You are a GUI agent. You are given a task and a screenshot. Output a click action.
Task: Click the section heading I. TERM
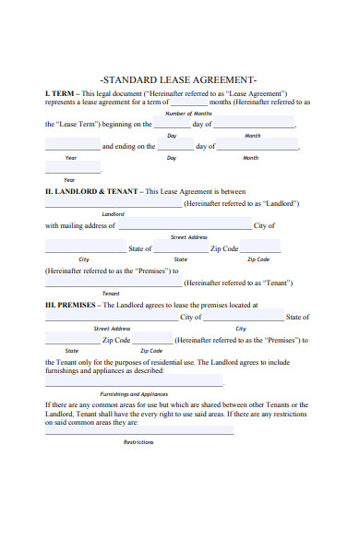[61, 93]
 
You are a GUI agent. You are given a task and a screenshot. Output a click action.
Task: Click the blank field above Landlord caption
[114, 204]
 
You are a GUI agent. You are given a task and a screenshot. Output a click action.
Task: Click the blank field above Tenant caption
[114, 283]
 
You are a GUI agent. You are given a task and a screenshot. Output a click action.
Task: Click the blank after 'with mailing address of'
[185, 226]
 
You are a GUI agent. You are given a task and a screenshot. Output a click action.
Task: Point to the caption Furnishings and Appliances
[134, 394]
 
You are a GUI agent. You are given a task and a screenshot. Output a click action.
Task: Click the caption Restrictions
[138, 442]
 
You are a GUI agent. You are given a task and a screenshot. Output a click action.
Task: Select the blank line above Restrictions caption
[138, 432]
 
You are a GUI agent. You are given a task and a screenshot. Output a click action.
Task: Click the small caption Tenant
[111, 293]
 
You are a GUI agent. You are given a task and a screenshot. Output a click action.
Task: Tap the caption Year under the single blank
[69, 179]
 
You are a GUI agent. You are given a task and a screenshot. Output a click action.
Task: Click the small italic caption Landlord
[113, 213]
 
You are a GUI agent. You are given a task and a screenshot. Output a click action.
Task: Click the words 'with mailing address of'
[80, 225]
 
